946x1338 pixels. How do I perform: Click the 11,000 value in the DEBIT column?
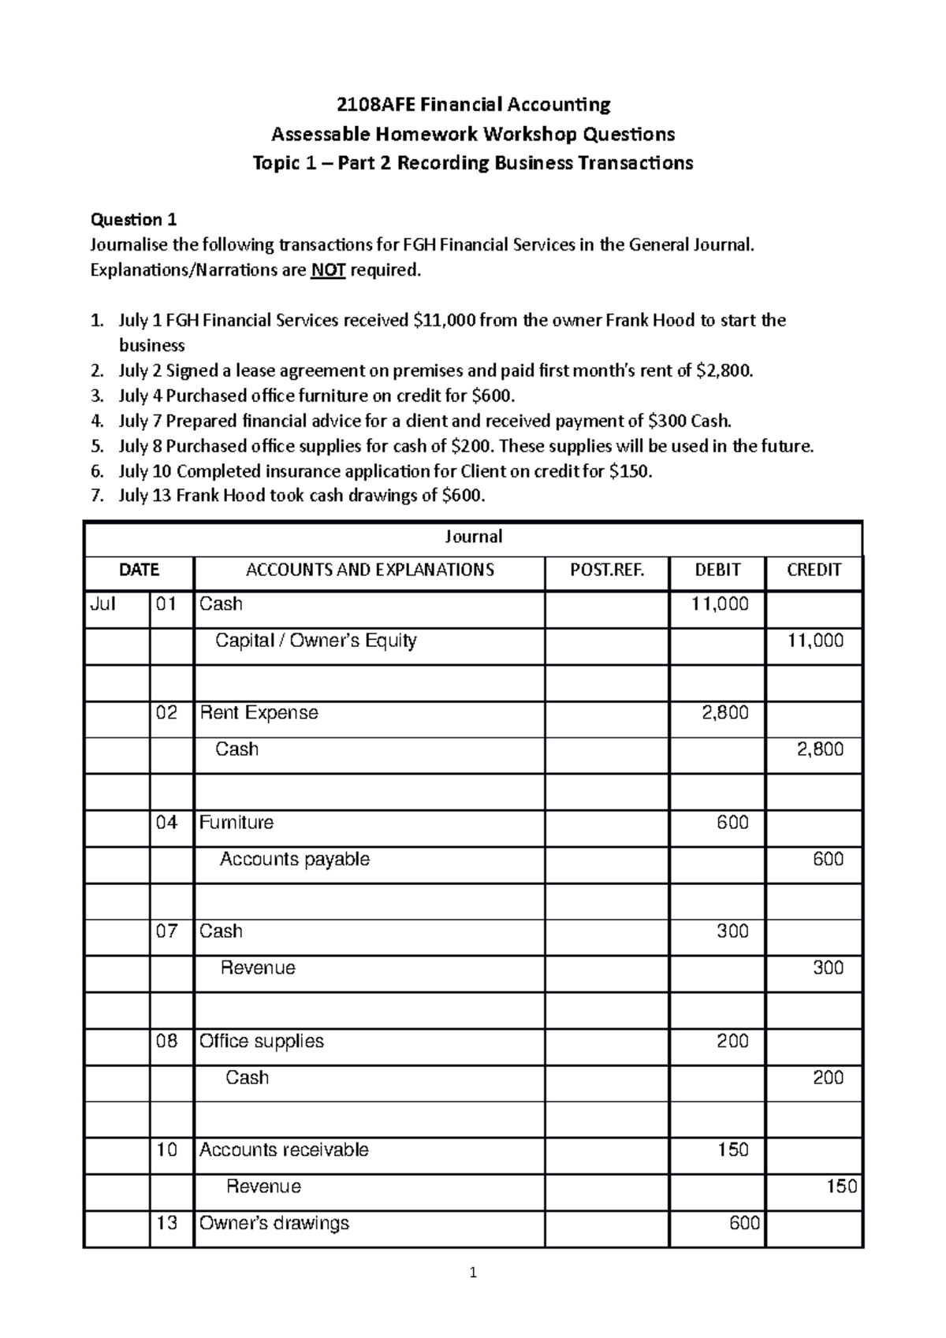pos(720,604)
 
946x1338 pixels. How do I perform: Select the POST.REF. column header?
pos(606,570)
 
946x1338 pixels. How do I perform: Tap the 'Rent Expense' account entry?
pos(259,713)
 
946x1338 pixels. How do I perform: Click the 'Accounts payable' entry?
pos(294,859)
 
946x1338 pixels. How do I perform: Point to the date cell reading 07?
pos(167,931)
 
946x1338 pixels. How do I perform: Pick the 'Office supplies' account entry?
pos(261,1041)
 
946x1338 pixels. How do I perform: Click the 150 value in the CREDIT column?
pos(841,1187)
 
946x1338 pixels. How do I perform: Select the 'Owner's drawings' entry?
pos(274,1223)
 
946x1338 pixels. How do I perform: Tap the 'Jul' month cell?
pos(102,604)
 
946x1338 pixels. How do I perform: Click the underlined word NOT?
pos(328,270)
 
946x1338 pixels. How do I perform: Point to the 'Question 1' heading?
pos(134,220)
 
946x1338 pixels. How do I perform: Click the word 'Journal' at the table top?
pos(473,537)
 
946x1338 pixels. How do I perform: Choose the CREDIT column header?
pos(814,570)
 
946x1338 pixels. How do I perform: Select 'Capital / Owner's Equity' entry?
pos(315,641)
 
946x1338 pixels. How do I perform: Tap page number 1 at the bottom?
pos(473,1294)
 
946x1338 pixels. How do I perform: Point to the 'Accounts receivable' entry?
pos(284,1150)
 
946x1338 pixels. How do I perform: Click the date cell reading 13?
pos(167,1223)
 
